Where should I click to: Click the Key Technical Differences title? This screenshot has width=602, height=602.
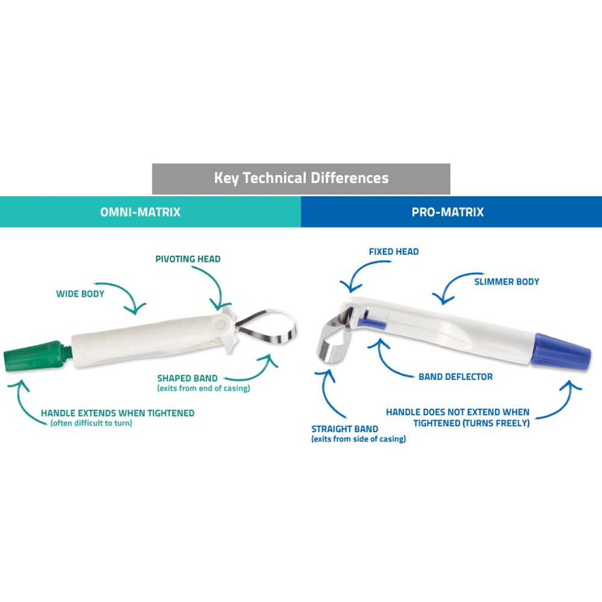[x=301, y=178]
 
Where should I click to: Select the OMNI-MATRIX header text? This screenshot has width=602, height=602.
[x=140, y=213]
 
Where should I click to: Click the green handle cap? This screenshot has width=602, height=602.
[x=35, y=354]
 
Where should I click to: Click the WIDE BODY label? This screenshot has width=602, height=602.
[x=80, y=294]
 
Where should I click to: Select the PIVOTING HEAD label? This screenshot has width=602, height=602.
[x=188, y=259]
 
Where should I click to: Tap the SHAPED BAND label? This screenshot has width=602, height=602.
[x=184, y=378]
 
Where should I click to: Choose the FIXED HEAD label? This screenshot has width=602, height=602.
[x=394, y=251]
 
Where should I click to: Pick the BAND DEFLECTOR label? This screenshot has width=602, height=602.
[x=455, y=377]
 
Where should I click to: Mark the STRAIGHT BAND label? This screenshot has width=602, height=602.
[x=344, y=429]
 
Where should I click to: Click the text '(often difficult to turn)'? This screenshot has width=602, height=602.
[x=92, y=424]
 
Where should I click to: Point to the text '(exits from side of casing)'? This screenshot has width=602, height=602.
[x=358, y=439]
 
